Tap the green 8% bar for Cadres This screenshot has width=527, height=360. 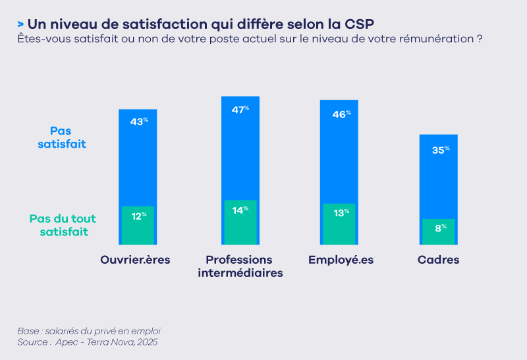tap(438, 233)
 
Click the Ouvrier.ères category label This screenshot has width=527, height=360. tap(135, 260)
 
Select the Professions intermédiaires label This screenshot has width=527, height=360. tap(240, 266)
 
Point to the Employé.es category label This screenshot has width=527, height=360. tap(341, 260)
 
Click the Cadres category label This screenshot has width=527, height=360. tap(439, 260)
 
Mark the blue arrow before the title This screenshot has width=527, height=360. tap(21, 24)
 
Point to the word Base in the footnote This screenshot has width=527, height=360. tap(28, 330)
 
